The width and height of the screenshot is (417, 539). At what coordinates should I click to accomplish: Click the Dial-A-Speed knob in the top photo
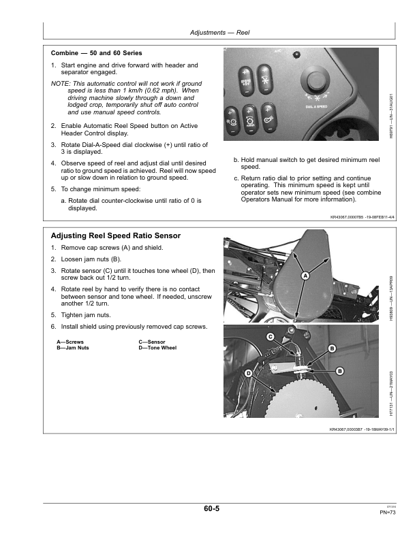315,81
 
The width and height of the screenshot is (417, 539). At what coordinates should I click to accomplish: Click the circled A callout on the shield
305,275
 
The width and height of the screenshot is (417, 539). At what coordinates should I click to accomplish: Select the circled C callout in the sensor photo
271,337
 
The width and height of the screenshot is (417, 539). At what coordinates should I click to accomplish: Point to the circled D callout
249,374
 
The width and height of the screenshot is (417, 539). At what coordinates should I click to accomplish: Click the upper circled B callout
333,348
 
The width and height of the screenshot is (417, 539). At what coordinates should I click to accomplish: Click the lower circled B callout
338,370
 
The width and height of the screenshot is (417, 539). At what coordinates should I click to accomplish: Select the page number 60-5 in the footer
211,508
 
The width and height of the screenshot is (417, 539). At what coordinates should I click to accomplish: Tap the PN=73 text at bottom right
389,512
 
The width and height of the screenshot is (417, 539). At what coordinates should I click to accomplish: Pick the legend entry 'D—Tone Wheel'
157,348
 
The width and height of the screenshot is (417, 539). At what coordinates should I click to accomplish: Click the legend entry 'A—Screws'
70,342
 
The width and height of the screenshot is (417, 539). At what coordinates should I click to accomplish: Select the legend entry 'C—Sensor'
152,342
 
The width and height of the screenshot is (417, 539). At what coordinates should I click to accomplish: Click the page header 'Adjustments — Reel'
219,32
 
